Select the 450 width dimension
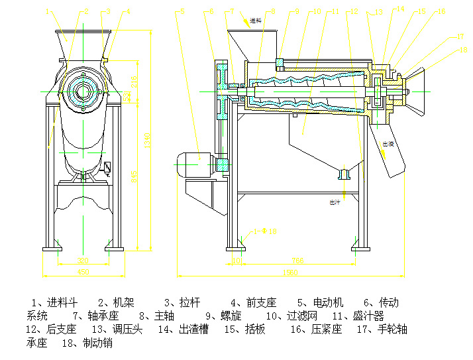83,271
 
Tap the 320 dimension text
83,261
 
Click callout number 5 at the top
183,12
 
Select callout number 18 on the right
463,50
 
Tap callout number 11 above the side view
335,12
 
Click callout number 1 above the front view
47,11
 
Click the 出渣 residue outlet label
388,143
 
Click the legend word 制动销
97,343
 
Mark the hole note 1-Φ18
264,231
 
